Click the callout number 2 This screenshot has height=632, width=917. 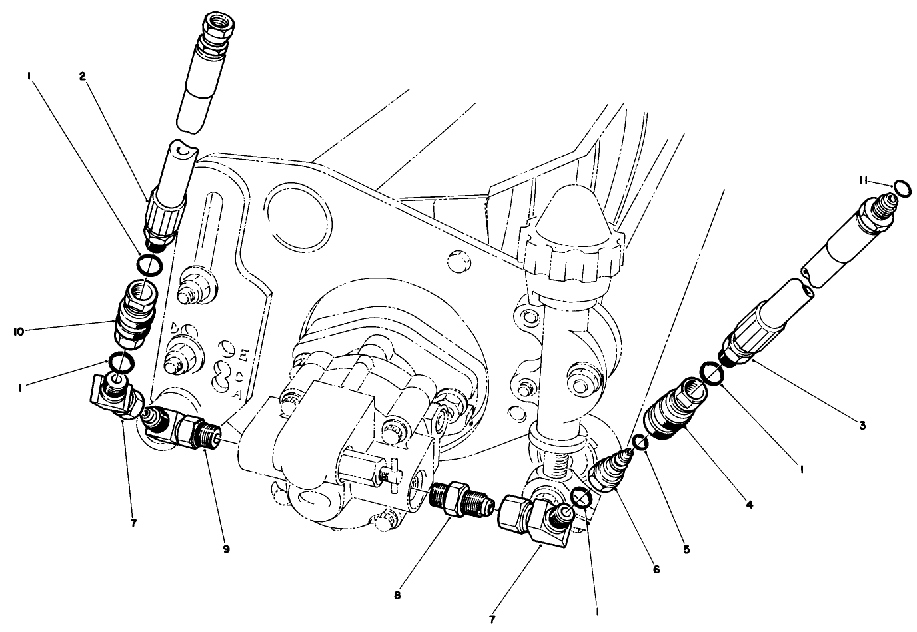pos(83,76)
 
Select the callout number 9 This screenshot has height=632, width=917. pos(227,549)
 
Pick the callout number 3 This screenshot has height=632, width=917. pos(862,426)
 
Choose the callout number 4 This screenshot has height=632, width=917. pos(750,505)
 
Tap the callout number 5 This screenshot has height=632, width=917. pos(687,550)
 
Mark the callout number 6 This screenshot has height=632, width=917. pos(656,570)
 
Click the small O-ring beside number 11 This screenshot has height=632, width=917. pos(902,189)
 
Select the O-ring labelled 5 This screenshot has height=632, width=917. pos(641,442)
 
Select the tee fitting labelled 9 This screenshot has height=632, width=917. pos(179,426)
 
